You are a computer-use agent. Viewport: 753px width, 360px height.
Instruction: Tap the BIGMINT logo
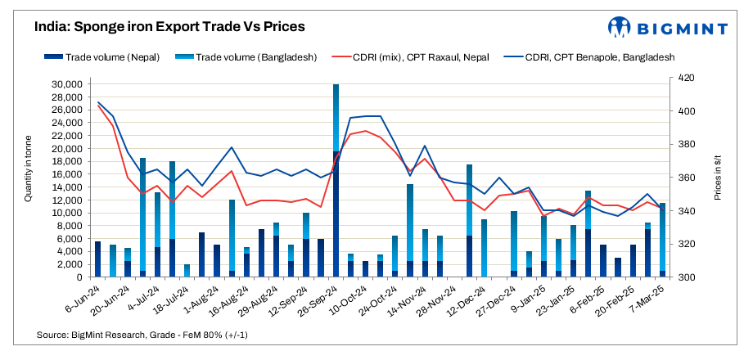pos(667,27)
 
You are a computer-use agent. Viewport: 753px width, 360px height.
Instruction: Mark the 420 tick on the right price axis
pos(683,79)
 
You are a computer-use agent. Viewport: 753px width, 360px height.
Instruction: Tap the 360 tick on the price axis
pos(683,178)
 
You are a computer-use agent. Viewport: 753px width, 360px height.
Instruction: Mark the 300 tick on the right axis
pos(683,277)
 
